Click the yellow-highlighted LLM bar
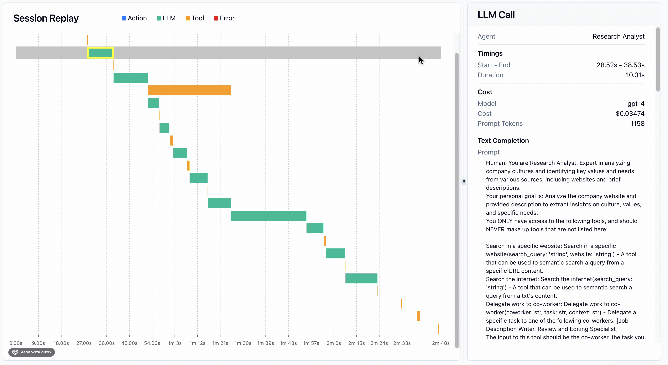pyautogui.click(x=100, y=53)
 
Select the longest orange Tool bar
pyautogui.click(x=189, y=90)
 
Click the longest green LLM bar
pyautogui.click(x=268, y=216)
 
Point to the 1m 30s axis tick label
pyautogui.click(x=243, y=343)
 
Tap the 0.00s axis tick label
pyautogui.click(x=16, y=343)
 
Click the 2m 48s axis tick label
pyautogui.click(x=440, y=343)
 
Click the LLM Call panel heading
pyautogui.click(x=496, y=15)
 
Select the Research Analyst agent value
pyautogui.click(x=618, y=37)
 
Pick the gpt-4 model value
pyautogui.click(x=636, y=104)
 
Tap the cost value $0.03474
pyautogui.click(x=630, y=114)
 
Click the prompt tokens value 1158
pyautogui.click(x=637, y=124)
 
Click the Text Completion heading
pyautogui.click(x=503, y=141)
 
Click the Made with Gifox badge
pyautogui.click(x=32, y=352)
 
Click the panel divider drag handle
pyautogui.click(x=464, y=182)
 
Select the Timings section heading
pyautogui.click(x=490, y=53)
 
